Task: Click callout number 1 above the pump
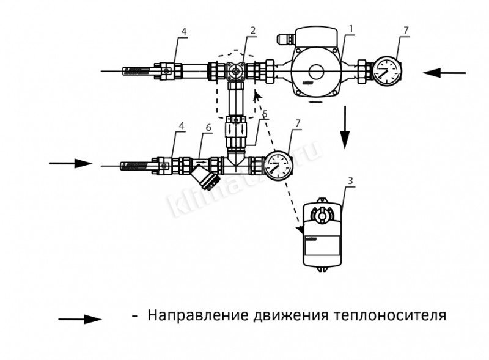click(351, 29)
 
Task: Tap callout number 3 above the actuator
click(349, 181)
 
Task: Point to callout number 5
click(264, 114)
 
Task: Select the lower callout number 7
click(297, 124)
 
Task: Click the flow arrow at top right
click(444, 73)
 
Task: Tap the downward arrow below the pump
click(346, 127)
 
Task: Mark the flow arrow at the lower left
click(70, 163)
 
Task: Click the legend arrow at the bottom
click(79, 318)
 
